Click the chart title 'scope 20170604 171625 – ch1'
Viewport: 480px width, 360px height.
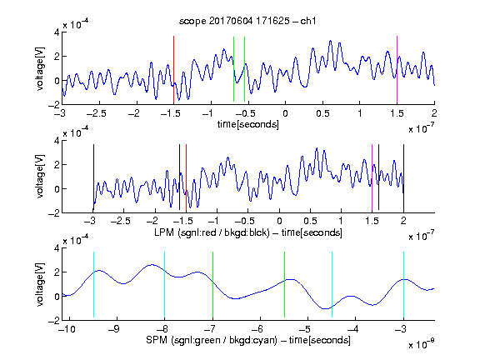tap(247, 21)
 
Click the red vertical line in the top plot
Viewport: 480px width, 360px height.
tap(173, 70)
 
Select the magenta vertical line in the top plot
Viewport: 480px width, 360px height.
tap(397, 70)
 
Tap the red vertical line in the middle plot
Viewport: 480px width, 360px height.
tap(186, 177)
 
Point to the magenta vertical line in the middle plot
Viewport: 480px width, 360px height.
tap(372, 177)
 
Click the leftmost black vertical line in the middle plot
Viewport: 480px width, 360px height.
tap(93, 177)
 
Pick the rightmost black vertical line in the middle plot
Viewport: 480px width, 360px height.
tap(403, 177)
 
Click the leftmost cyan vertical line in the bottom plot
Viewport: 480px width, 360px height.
tap(93, 284)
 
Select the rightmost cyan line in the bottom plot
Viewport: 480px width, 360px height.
tap(403, 284)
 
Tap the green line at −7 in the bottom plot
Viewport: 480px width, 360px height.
tap(212, 284)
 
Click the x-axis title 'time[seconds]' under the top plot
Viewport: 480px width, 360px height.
tap(248, 124)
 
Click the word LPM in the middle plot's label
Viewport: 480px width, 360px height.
tap(164, 232)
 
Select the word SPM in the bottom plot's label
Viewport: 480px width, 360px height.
tap(156, 340)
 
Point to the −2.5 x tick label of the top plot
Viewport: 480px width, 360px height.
tap(96, 113)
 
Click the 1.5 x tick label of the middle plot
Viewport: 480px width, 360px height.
tap(372, 221)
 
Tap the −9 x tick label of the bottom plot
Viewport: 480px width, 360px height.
tap(114, 329)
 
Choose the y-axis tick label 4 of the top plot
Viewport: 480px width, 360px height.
tap(57, 32)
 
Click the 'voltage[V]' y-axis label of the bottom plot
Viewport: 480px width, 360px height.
tap(40, 284)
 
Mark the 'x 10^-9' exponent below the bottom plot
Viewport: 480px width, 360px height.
tap(421, 344)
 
